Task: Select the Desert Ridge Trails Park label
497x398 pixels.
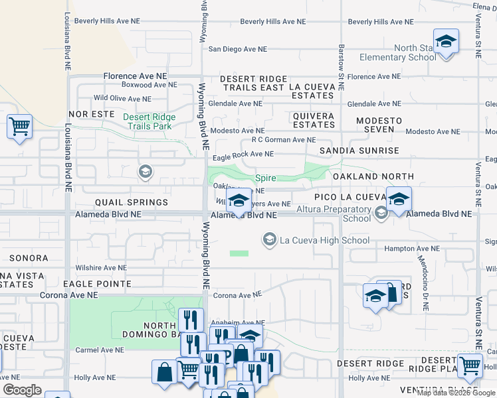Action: [x=149, y=121]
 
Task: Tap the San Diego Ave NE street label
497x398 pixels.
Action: [x=237, y=49]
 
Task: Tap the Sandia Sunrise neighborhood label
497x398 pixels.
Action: [x=359, y=151]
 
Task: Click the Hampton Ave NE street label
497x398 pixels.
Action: [x=413, y=248]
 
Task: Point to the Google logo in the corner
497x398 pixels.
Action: [x=22, y=390]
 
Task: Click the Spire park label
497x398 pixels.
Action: [x=266, y=178]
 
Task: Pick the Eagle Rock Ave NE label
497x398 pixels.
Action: [x=243, y=155]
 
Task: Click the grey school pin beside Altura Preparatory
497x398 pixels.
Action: [x=381, y=213]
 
